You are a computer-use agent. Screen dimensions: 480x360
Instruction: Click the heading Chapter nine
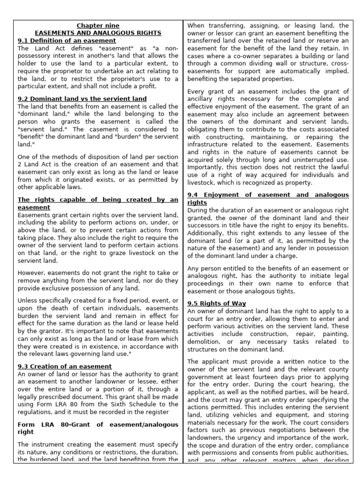coord(98,25)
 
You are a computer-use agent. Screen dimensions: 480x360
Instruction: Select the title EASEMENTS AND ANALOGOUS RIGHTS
coord(98,33)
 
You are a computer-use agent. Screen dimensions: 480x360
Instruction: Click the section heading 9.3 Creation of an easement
coord(65,366)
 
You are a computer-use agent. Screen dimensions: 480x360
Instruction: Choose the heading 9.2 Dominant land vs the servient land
coord(82,99)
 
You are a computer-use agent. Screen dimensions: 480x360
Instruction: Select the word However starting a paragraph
coord(32,272)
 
